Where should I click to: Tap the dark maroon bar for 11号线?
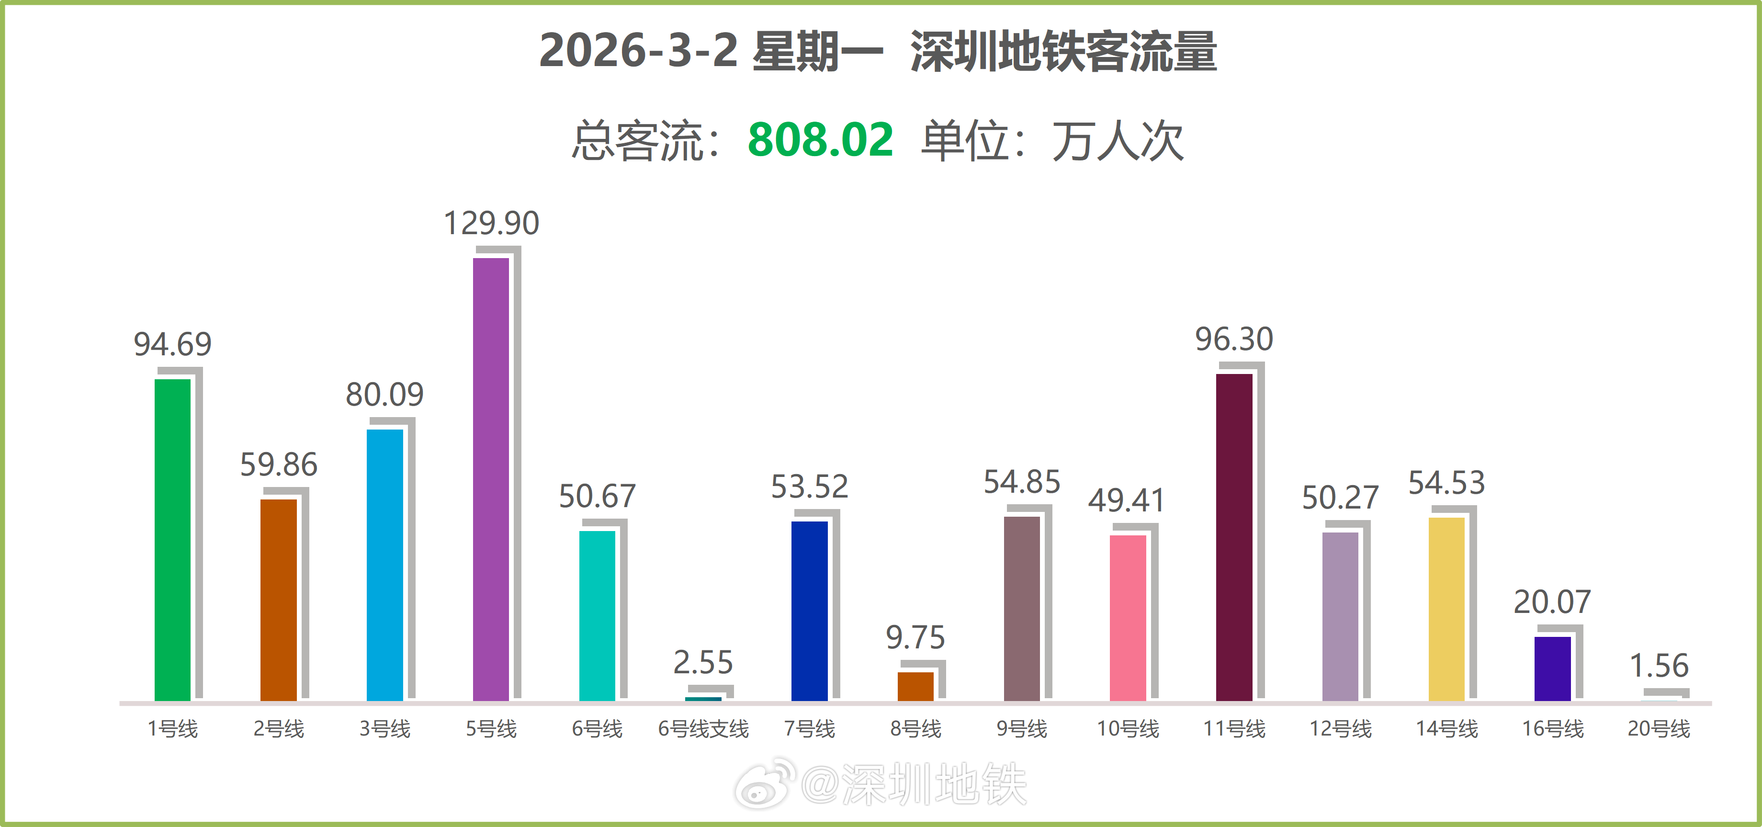tap(1234, 537)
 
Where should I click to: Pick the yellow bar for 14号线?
tap(1446, 609)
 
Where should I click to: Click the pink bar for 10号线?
tap(1127, 618)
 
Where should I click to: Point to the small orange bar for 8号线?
tap(915, 686)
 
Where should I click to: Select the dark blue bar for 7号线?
tap(809, 611)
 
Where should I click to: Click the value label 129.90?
tap(491, 223)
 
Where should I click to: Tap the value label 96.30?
tap(1234, 340)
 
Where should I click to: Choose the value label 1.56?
tap(1659, 666)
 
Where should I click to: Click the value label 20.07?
tap(1552, 602)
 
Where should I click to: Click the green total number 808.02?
tap(820, 139)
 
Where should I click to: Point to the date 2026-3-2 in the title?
tap(638, 51)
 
